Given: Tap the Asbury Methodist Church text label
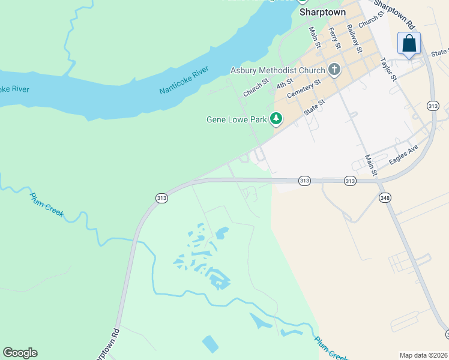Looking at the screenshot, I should coord(277,70).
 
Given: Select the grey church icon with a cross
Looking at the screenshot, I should coord(334,70).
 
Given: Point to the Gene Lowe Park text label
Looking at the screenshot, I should coord(237,119).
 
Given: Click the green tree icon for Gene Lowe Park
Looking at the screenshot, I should coord(276,119).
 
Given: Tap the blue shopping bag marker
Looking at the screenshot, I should coord(409,44).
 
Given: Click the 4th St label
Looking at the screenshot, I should coord(285,84).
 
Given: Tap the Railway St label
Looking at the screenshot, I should coord(354,40).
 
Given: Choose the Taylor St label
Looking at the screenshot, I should coord(388,69).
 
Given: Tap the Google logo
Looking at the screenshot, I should coord(20,353).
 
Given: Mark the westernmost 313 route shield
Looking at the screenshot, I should coord(161,198).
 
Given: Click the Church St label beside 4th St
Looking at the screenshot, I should coord(255,89).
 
